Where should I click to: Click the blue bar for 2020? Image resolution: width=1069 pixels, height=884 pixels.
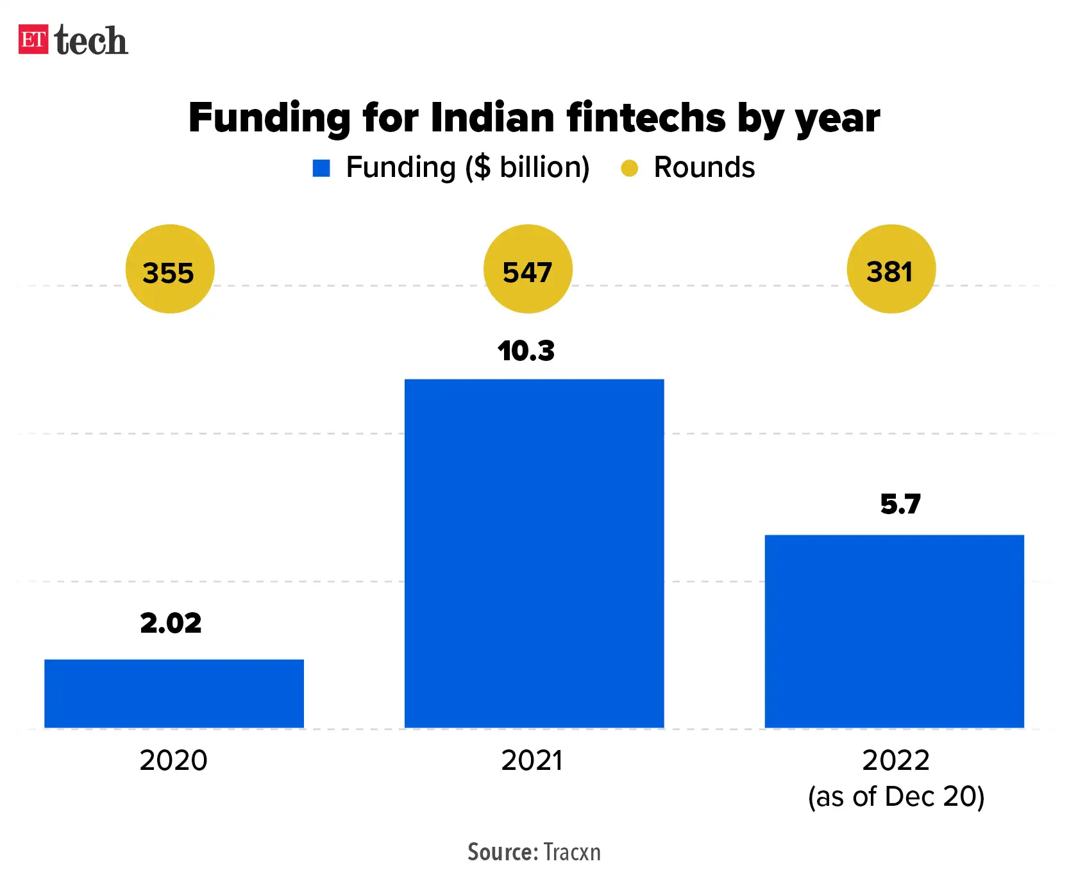174,693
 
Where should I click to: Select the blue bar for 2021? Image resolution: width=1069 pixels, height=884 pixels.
534,553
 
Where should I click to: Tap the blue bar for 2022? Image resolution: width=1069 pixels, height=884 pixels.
894,631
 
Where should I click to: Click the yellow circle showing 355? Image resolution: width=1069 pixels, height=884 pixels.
169,269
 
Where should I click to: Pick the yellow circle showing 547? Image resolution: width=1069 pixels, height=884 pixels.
527,269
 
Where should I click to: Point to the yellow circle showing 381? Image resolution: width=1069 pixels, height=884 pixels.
891,269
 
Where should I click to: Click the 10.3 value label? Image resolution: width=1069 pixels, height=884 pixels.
526,351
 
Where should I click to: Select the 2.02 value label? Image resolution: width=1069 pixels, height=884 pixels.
171,623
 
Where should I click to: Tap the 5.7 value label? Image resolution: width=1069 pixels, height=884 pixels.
900,505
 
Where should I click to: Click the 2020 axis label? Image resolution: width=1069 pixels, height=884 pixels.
174,761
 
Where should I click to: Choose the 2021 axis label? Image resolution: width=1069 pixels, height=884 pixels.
532,761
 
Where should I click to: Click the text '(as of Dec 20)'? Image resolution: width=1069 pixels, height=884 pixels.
896,797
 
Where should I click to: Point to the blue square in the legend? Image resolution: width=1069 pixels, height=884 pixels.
321,168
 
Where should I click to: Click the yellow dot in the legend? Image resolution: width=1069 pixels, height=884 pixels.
629,168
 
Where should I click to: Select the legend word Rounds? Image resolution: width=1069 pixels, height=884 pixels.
704,167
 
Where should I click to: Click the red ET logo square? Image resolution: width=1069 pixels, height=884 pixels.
33,40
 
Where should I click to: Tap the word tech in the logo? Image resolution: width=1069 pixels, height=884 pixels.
91,41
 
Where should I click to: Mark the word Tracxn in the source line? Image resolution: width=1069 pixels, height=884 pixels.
572,852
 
